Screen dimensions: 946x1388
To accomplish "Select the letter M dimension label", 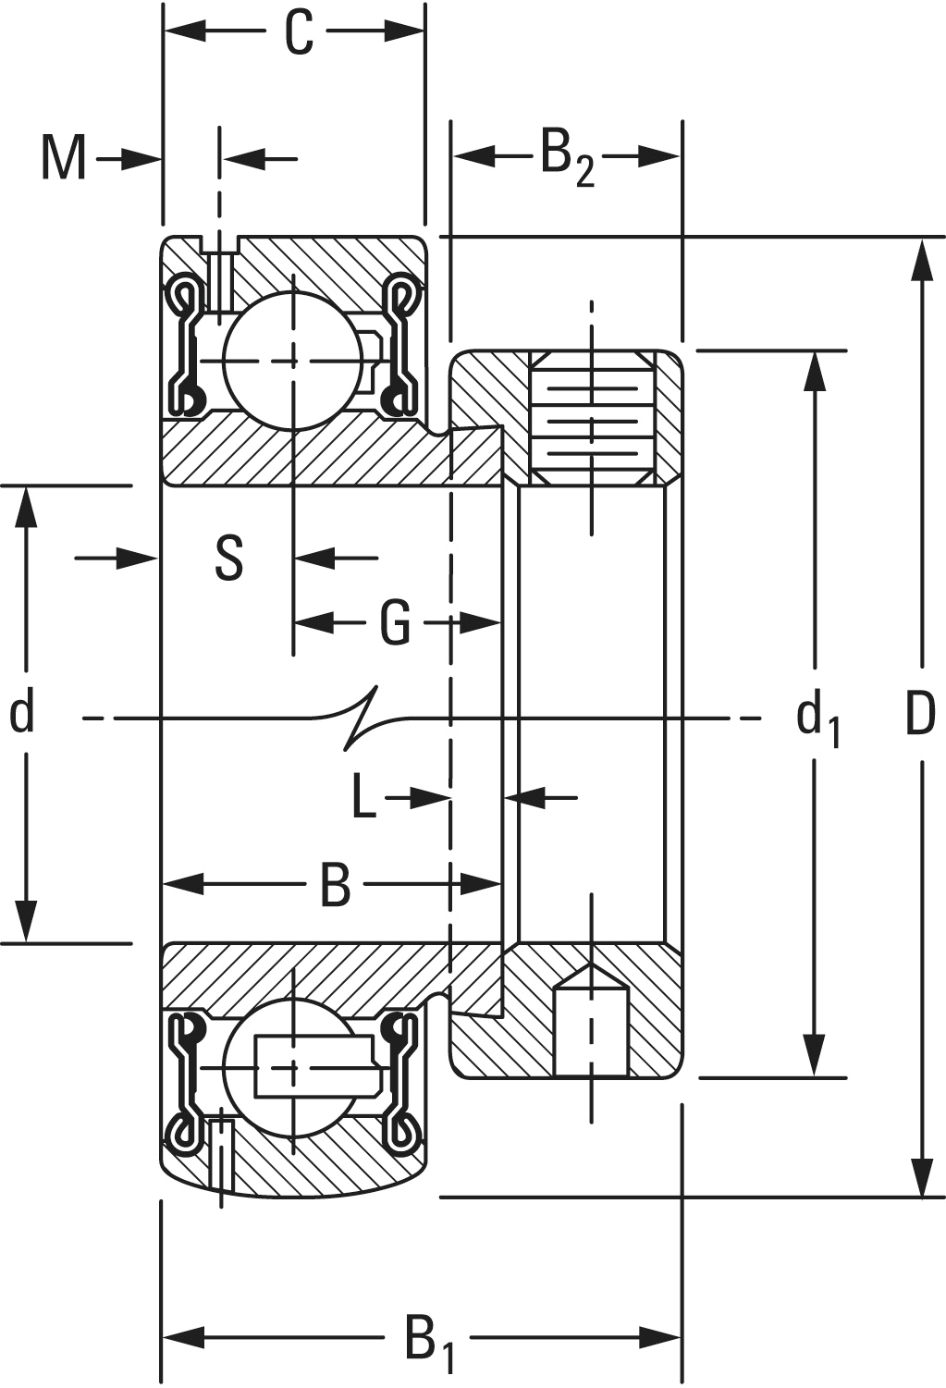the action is (x=63, y=159).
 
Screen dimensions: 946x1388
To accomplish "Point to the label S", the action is (x=229, y=558).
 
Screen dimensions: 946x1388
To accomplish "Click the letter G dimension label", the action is (x=395, y=621).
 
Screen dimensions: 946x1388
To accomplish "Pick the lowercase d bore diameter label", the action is (x=21, y=713).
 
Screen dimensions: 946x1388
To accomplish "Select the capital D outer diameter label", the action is (x=920, y=713).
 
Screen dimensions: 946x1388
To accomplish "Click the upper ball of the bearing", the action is (x=293, y=361).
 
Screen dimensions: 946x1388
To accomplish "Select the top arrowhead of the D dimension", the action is (x=923, y=259).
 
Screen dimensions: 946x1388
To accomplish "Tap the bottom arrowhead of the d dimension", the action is (x=26, y=920).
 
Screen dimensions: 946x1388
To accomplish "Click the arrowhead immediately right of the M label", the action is (x=139, y=159).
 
